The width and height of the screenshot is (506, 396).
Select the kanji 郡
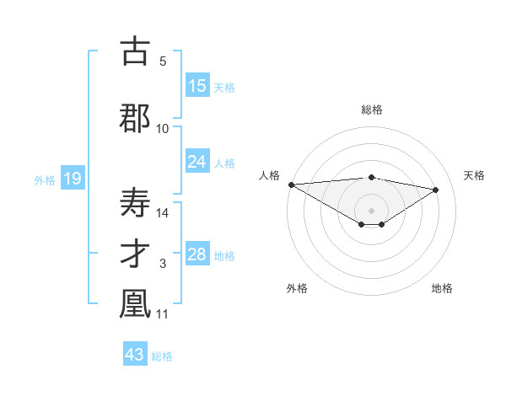pos(135,118)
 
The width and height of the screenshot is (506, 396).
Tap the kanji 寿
pos(135,202)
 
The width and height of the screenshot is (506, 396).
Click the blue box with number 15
pos(197,86)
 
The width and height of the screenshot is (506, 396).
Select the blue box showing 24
pos(197,162)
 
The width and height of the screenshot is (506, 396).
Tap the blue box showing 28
pos(197,254)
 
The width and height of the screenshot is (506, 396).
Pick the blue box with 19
pos(72,179)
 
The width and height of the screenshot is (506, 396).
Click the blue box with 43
pos(135,355)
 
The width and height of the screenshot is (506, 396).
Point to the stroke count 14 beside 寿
pos(163,213)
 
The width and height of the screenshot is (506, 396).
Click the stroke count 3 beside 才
pos(163,265)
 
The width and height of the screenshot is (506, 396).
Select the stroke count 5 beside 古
pos(163,61)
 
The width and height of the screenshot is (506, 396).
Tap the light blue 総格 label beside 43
pos(162,356)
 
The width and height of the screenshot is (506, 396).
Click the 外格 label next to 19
pos(45,180)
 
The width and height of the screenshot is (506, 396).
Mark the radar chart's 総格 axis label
pos(371,110)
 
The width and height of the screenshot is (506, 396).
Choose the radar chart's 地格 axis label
pos(442,288)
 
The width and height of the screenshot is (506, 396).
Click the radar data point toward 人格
pos(291,185)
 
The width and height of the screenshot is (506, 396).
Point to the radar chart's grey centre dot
pos(371,209)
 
